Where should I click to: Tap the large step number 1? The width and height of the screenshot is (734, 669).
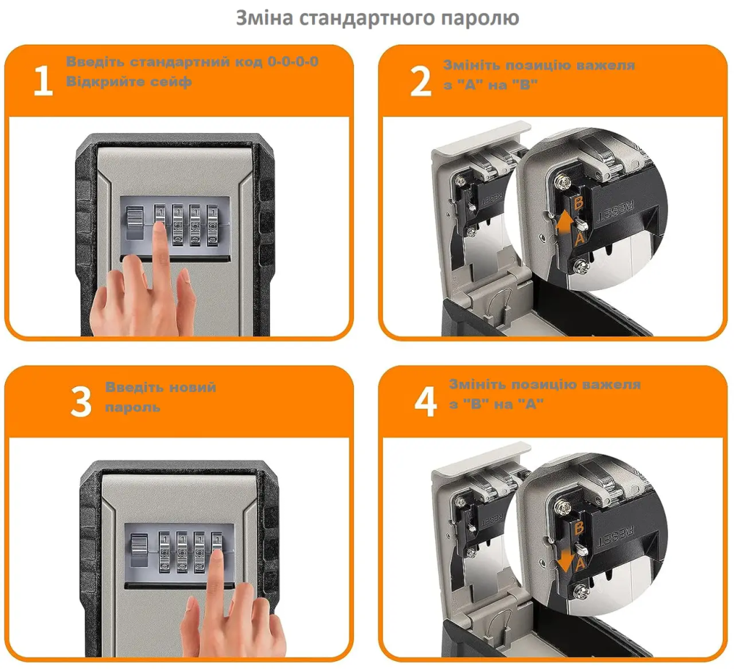click(43, 81)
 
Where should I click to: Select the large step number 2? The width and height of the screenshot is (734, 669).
click(420, 81)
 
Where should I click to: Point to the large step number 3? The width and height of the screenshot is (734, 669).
click(81, 402)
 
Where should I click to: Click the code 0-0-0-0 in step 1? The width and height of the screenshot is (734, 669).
click(293, 62)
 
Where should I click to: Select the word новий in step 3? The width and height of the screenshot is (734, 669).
click(192, 387)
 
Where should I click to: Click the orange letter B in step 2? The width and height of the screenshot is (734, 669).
click(578, 203)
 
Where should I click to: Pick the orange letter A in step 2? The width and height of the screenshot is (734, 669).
click(580, 238)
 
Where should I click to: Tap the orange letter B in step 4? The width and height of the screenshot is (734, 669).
click(580, 529)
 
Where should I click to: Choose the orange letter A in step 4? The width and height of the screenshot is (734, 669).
click(581, 563)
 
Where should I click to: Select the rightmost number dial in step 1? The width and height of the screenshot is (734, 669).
click(213, 225)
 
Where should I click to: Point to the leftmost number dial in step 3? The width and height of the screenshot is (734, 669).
click(164, 552)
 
